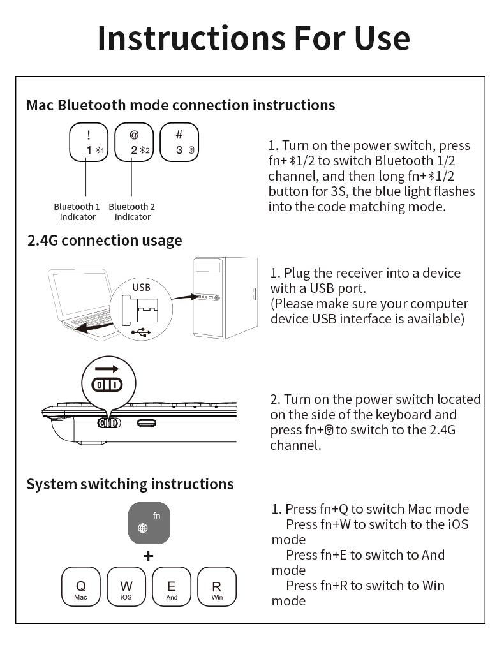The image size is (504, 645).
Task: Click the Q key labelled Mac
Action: pos(80,586)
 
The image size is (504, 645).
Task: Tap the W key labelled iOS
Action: pos(126,586)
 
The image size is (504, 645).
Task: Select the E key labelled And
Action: pos(172,586)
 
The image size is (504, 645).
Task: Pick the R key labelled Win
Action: pos(217,586)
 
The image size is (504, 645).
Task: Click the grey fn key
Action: pos(149,523)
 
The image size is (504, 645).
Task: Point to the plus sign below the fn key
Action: pos(148,556)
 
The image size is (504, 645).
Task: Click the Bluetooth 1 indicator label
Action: pos(77,212)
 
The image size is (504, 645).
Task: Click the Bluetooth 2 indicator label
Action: pos(131,212)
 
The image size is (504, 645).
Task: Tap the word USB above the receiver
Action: pos(141,287)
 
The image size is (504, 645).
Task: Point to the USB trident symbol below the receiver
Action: pos(141,332)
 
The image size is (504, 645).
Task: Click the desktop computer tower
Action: pos(225,297)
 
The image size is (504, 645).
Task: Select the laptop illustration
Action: pos(80,300)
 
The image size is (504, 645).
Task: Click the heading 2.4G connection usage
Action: pos(105,241)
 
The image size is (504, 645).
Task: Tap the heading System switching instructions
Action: pos(130,484)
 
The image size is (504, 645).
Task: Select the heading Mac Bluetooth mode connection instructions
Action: pos(181,105)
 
